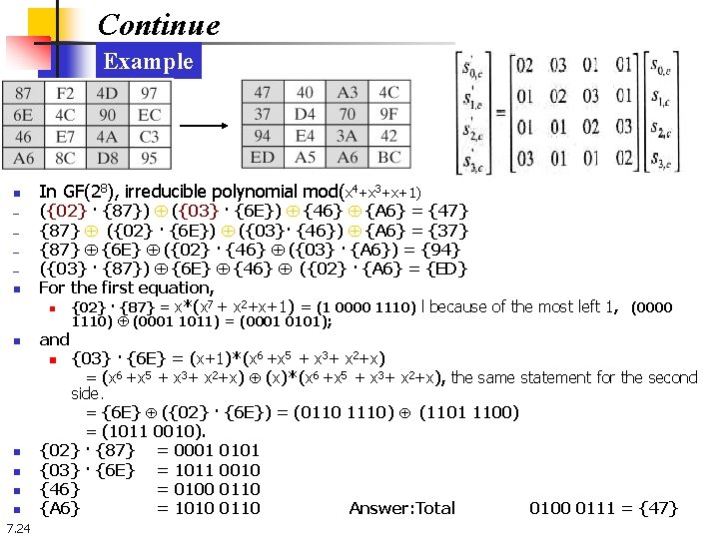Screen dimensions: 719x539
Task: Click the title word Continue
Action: [x=159, y=23]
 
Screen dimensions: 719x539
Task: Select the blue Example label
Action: [x=149, y=62]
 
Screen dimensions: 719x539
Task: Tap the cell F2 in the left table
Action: [x=65, y=94]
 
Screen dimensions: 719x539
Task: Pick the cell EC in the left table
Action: [x=150, y=115]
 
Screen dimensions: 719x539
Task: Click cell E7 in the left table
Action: [x=65, y=136]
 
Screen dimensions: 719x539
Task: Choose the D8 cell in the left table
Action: [x=107, y=157]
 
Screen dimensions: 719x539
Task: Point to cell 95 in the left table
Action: [x=150, y=157]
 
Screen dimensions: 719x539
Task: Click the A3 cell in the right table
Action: [x=348, y=94]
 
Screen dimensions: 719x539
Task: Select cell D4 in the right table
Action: [x=306, y=115]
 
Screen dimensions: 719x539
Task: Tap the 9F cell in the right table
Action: [x=389, y=115]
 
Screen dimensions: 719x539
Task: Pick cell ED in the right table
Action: [x=263, y=157]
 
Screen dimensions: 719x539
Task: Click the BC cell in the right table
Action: [x=389, y=157]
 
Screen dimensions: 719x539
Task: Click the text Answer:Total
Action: [x=401, y=509]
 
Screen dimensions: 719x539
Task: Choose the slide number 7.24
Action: [x=17, y=528]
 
